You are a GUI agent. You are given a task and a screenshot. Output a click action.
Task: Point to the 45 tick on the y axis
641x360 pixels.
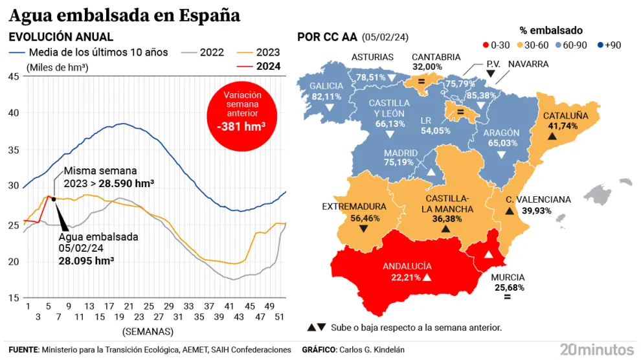click(14, 76)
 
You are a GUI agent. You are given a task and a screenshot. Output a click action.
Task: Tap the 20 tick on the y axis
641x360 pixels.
click(14, 262)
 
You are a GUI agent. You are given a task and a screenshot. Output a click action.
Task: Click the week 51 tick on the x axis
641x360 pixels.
click(280, 306)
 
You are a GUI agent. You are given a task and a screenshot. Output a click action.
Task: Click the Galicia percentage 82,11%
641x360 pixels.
click(326, 96)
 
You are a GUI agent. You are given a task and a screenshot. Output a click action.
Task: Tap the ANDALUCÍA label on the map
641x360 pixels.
click(408, 266)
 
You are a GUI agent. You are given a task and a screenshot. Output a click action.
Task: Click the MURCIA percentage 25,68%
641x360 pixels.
click(509, 287)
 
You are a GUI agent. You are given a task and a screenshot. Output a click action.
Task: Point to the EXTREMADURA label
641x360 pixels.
click(354, 207)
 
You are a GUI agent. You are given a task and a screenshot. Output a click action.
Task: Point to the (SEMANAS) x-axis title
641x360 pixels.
click(148, 331)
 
